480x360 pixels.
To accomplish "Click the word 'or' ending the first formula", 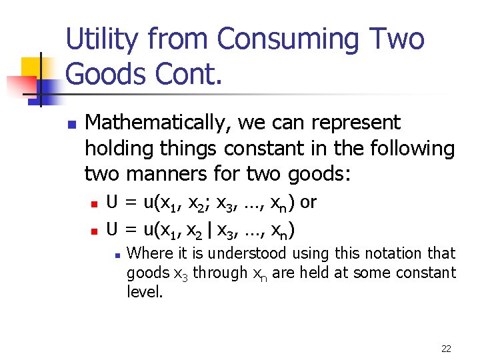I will [x=308, y=203].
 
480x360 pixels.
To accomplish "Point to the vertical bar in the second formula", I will [x=211, y=231].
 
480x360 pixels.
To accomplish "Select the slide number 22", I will [x=446, y=348].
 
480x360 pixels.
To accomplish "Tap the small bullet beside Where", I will [x=117, y=255].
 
